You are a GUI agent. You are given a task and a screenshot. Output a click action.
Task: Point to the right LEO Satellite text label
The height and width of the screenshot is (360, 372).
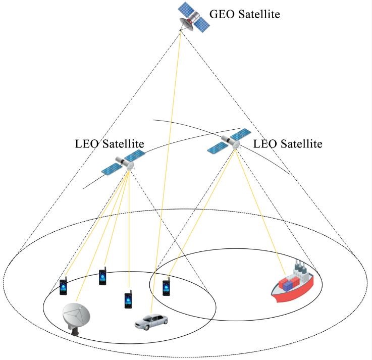[287, 144]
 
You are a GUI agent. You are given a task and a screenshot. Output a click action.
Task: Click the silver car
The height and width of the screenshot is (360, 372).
[151, 322]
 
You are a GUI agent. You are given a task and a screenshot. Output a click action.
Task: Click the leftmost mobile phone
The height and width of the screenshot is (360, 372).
[63, 287]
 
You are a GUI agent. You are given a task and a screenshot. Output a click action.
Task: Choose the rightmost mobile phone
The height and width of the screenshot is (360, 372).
[166, 287]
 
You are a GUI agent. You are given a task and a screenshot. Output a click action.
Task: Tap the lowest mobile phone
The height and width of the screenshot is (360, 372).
[128, 300]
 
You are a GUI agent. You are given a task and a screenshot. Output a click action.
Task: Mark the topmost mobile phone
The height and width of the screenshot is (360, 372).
[102, 276]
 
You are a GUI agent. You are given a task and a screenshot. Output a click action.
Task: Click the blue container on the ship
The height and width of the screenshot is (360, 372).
[288, 285]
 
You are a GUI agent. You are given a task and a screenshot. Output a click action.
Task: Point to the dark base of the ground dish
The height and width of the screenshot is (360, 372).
[75, 332]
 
